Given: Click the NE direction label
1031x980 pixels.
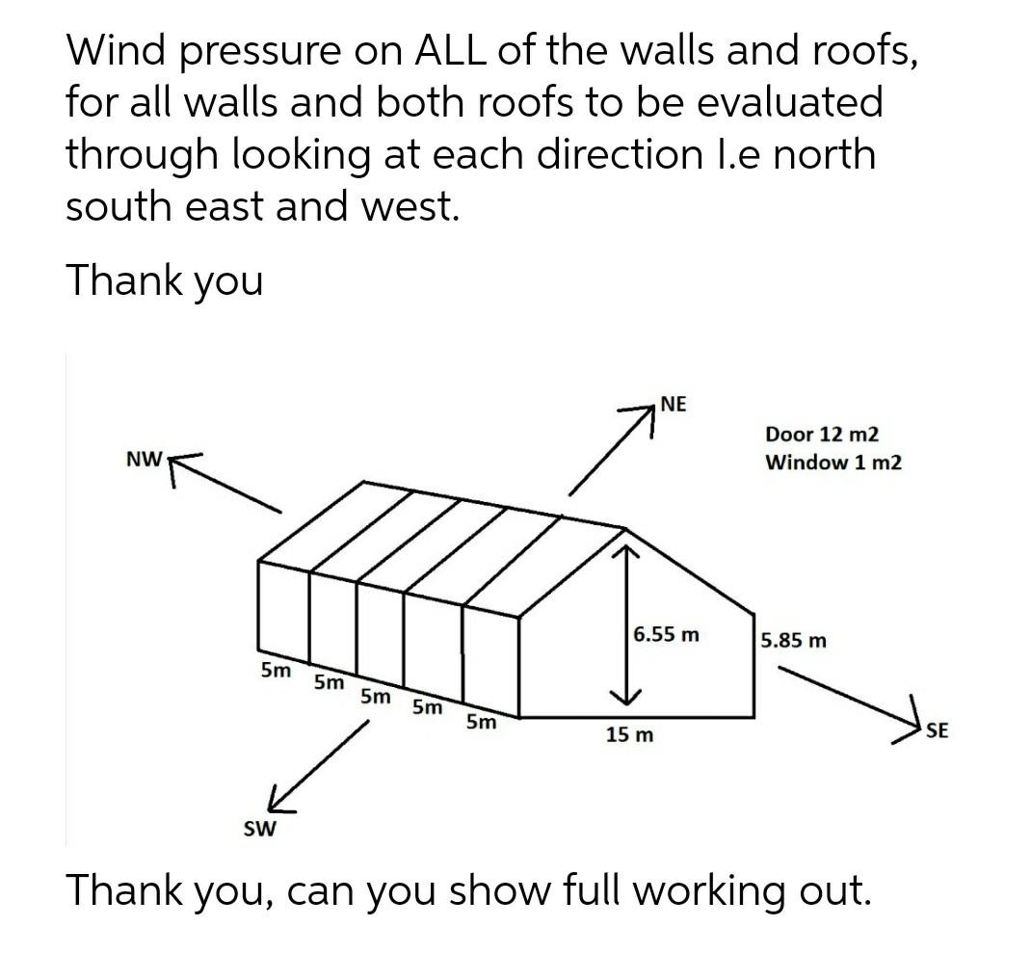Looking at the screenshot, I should pyautogui.click(x=674, y=405).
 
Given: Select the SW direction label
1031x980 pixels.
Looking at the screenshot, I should pyautogui.click(x=259, y=829).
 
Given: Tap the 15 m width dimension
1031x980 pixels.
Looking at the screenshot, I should pyautogui.click(x=629, y=735).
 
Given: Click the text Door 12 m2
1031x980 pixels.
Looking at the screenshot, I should pyautogui.click(x=822, y=435).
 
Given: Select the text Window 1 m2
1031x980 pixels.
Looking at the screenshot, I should pyautogui.click(x=833, y=462).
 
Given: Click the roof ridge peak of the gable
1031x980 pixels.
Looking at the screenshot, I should pyautogui.click(x=626, y=527).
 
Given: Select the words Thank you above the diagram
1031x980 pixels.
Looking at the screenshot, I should pyautogui.click(x=164, y=280).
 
